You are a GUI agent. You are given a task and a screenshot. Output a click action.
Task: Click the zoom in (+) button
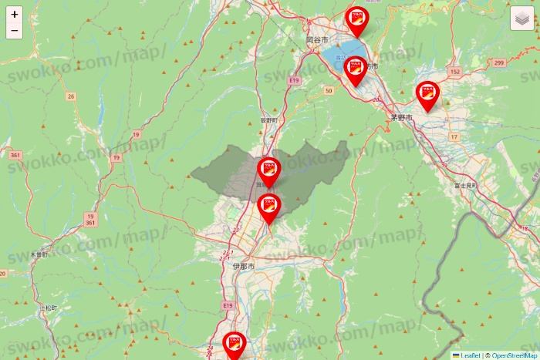point(15,14)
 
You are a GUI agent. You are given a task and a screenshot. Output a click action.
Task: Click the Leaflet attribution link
point(470,355)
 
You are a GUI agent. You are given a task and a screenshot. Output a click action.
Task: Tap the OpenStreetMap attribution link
point(515,355)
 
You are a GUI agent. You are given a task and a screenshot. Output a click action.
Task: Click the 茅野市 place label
point(401,118)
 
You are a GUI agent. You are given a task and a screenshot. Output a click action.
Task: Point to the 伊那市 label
point(243,266)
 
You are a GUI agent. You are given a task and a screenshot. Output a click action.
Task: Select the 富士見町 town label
point(465,186)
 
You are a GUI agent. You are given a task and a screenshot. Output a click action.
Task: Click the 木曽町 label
point(39,254)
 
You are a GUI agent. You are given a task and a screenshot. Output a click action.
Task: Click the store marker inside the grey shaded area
point(269,171)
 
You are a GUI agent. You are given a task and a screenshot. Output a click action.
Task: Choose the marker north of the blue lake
point(357,21)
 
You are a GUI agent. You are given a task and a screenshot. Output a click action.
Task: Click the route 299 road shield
point(499,62)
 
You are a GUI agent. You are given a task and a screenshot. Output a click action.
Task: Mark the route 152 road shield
point(454,72)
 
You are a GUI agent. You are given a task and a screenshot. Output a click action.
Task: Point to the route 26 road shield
point(71,96)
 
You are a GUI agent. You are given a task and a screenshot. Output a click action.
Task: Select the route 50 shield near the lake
point(329,91)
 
